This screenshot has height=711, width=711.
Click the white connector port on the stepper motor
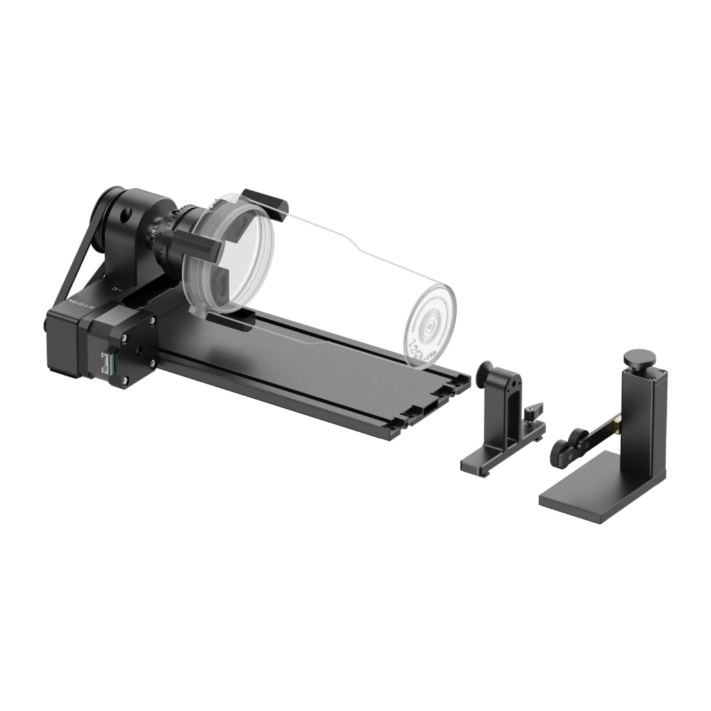click(x=108, y=362)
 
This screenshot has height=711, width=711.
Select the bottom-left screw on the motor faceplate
click(x=124, y=380)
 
